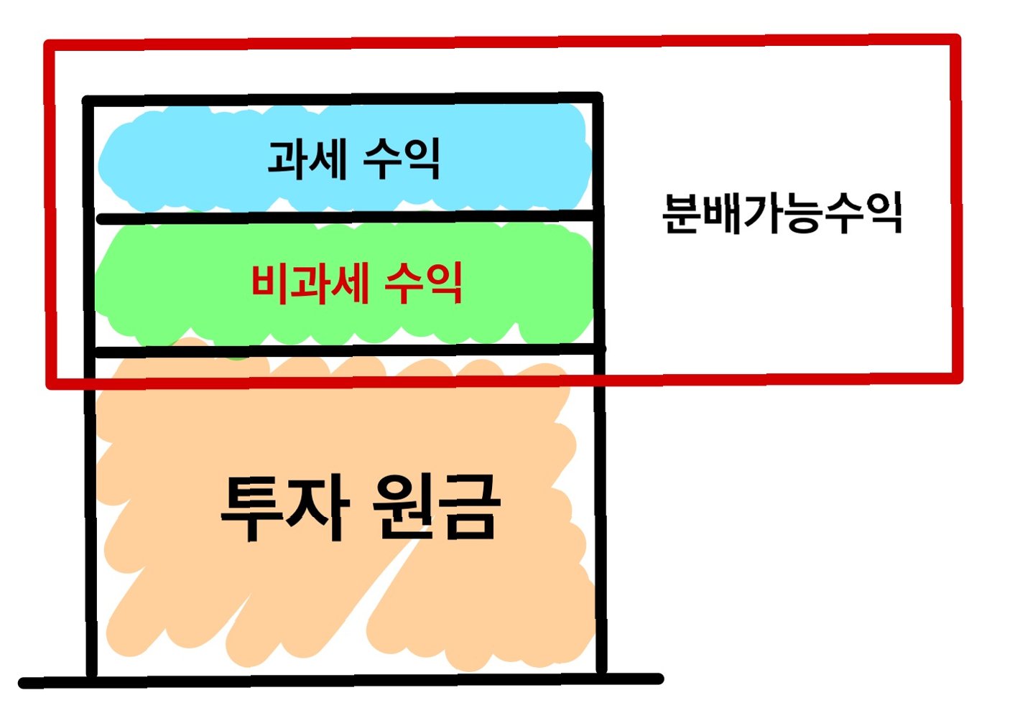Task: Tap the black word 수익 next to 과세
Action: (x=400, y=159)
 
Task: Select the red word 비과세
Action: (x=310, y=284)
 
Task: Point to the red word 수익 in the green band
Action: (x=424, y=284)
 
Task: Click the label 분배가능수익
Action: (x=782, y=213)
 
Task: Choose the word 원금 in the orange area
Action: (x=435, y=508)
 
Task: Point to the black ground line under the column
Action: (x=338, y=681)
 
